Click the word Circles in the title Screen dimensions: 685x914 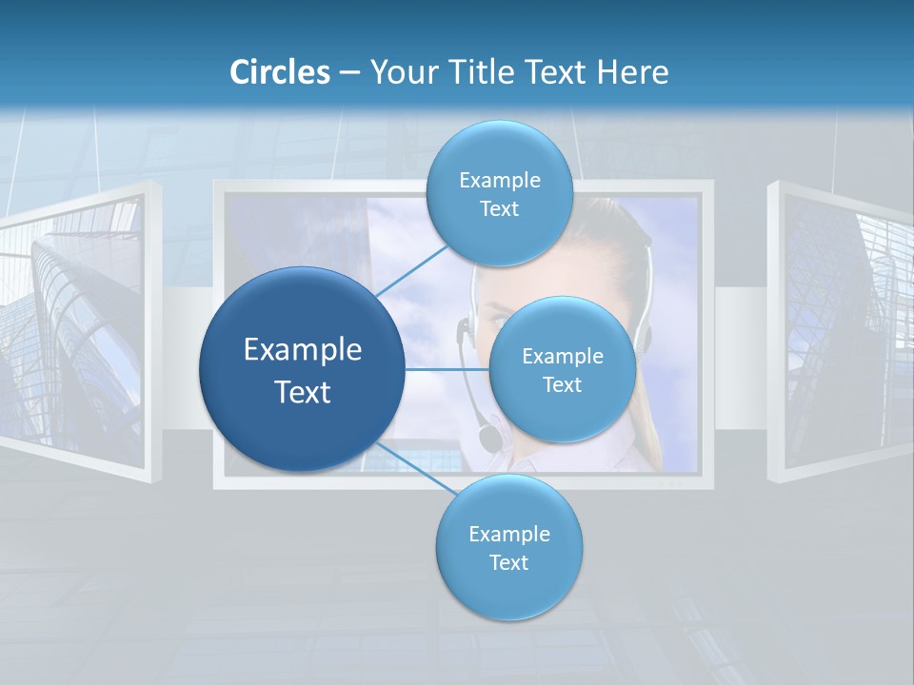[279, 72]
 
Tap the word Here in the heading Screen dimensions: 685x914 [632, 72]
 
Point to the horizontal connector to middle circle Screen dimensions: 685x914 [447, 369]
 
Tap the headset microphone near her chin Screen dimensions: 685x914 [489, 438]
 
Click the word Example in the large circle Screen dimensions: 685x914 [303, 350]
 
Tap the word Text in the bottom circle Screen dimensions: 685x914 [508, 562]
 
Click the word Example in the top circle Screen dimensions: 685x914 [499, 181]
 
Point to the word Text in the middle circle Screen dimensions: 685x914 [562, 385]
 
